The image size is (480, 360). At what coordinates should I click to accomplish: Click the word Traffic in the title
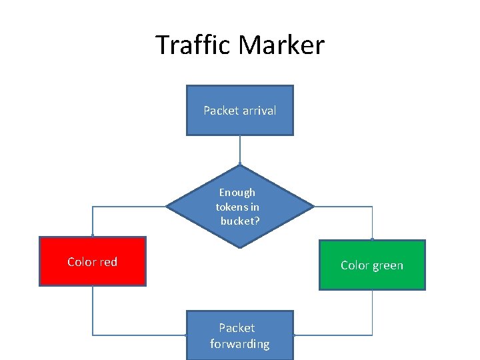(x=194, y=45)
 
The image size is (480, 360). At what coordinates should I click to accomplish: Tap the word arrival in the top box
(x=259, y=111)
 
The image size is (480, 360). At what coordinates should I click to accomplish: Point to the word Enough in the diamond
(x=237, y=193)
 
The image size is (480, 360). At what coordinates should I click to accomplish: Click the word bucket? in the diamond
(x=240, y=221)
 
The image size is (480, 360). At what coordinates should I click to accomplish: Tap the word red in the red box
(x=109, y=262)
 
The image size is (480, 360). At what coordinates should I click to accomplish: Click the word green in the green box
(x=387, y=265)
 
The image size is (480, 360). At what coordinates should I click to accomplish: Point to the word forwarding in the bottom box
(x=240, y=344)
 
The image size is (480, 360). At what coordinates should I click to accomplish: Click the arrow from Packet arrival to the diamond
(x=239, y=150)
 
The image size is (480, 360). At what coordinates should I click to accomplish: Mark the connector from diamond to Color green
(x=347, y=207)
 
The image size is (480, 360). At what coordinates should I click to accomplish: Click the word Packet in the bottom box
(x=237, y=328)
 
